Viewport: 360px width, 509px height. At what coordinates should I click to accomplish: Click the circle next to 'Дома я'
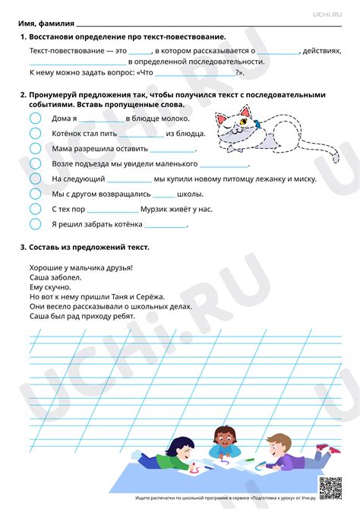[35, 119]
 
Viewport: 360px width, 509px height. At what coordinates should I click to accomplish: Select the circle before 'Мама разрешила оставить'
[35, 149]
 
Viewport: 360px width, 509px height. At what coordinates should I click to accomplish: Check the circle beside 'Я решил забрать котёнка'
[35, 224]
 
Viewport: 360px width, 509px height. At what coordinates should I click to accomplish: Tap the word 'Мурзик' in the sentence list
[159, 208]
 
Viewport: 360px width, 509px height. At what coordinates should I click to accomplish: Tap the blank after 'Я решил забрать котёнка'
[166, 226]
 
